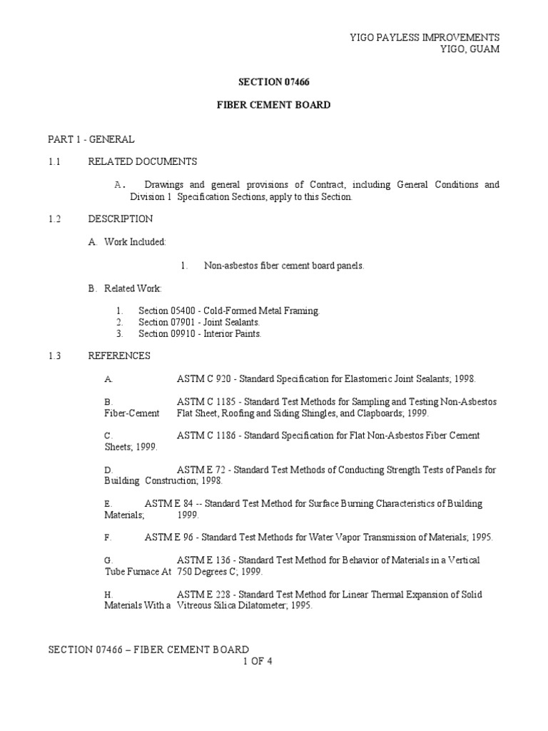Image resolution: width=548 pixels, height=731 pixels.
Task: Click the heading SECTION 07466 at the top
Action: pyautogui.click(x=273, y=82)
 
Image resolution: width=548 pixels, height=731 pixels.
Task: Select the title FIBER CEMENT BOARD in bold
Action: pyautogui.click(x=273, y=105)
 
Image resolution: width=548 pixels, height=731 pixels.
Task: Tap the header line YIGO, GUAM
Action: pyautogui.click(x=472, y=49)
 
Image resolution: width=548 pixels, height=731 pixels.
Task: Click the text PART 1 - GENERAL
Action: pyautogui.click(x=91, y=139)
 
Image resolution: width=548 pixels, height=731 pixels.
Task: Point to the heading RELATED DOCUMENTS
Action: pyautogui.click(x=142, y=162)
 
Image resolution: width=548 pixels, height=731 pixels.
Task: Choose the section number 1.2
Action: pyautogui.click(x=55, y=219)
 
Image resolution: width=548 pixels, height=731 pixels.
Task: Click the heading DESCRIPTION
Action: pyautogui.click(x=120, y=219)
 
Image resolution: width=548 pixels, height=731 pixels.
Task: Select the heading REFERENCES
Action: pyautogui.click(x=119, y=356)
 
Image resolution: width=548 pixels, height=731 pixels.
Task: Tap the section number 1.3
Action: pyautogui.click(x=55, y=356)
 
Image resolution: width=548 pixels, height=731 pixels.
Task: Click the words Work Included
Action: pyautogui.click(x=135, y=242)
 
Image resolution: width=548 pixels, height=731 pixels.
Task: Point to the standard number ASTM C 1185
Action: pyautogui.click(x=206, y=402)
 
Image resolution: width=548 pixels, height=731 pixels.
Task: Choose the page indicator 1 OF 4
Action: pyautogui.click(x=258, y=661)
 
